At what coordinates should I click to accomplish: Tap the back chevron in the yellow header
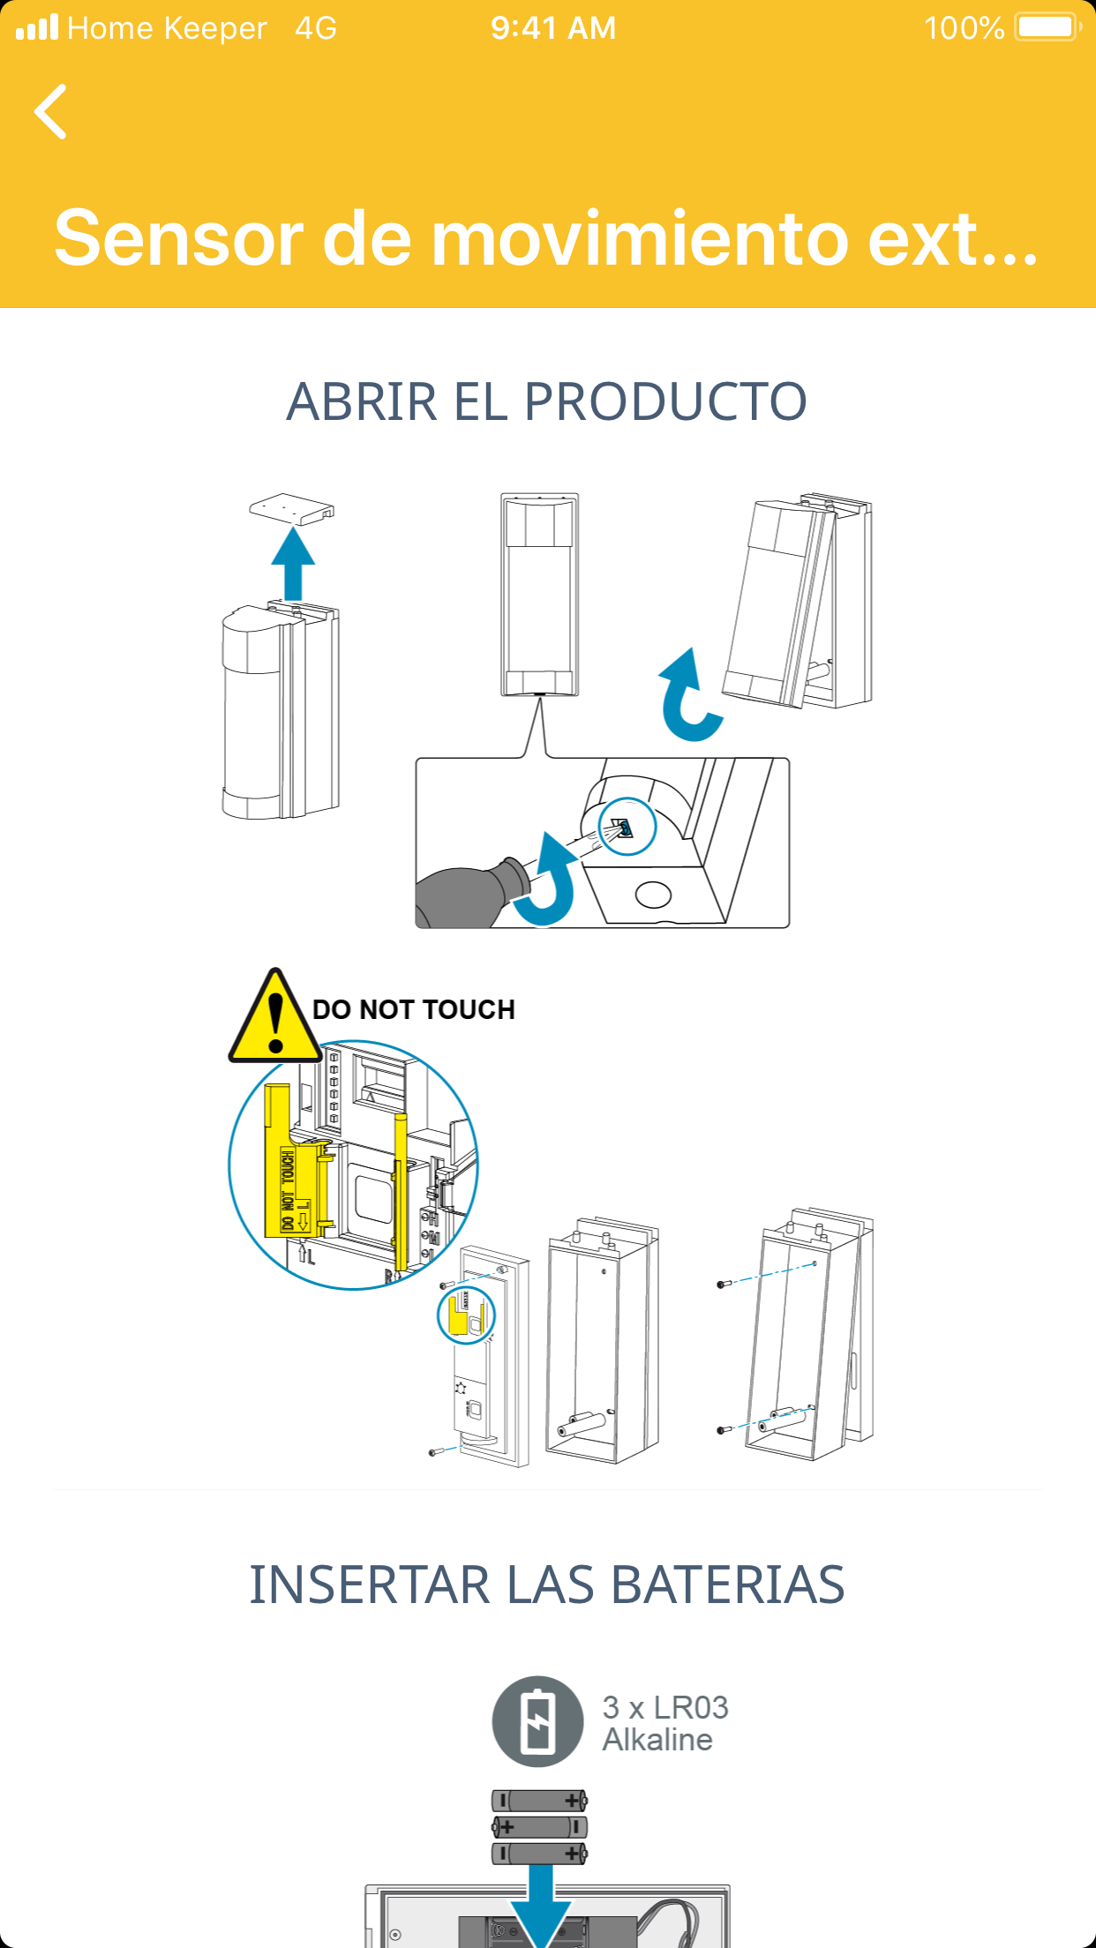coord(50,112)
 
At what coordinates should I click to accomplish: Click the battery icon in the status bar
coord(1048,27)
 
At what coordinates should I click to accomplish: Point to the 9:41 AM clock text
coord(553,28)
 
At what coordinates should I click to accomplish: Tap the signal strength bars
coord(37,27)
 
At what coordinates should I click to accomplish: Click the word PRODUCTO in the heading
coord(665,402)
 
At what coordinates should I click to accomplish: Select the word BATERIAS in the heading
coord(727,1585)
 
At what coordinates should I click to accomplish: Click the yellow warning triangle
coord(276,1016)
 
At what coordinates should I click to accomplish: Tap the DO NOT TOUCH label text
coord(414,1009)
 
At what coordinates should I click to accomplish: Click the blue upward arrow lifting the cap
coord(293,564)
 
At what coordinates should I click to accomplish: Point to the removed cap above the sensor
coord(292,508)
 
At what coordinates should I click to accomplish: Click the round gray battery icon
coord(537,1721)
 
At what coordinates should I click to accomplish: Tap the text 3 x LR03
coord(665,1707)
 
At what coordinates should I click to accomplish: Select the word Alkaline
coord(657,1740)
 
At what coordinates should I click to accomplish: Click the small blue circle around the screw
coord(627,827)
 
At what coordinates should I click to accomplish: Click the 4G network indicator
coord(316,28)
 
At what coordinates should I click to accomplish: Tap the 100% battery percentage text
coord(964,28)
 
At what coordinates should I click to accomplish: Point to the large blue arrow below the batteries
coord(540,1906)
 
